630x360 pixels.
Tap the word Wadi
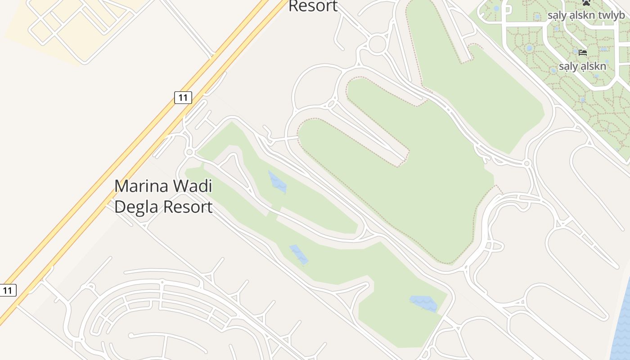point(194,186)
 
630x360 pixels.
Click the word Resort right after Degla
point(188,207)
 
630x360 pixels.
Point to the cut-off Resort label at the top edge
point(313,6)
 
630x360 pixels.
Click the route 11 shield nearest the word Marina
point(183,97)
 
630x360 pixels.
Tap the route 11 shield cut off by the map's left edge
point(7,290)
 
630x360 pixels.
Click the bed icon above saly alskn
point(583,53)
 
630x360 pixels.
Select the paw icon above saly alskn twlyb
point(586,3)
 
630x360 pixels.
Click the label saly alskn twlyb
point(586,15)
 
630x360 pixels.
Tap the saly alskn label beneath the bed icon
point(582,67)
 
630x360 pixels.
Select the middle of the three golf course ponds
point(299,254)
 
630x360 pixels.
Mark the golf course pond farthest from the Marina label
point(423,303)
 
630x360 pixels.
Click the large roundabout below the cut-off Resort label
point(377,44)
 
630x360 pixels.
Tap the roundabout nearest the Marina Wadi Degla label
point(189,153)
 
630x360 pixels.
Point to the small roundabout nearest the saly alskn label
point(527,163)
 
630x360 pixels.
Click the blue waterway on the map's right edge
point(622,319)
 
